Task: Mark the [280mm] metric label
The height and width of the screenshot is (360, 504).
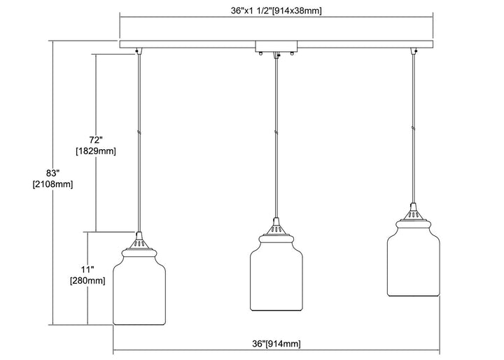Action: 88,281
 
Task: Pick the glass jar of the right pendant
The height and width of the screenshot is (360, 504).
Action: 414,260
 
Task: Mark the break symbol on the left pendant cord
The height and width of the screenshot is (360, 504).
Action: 140,131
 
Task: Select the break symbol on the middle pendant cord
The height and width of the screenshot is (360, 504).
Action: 277,131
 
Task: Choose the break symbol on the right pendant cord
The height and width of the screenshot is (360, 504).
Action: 414,128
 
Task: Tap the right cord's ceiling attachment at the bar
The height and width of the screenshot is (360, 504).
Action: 414,50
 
